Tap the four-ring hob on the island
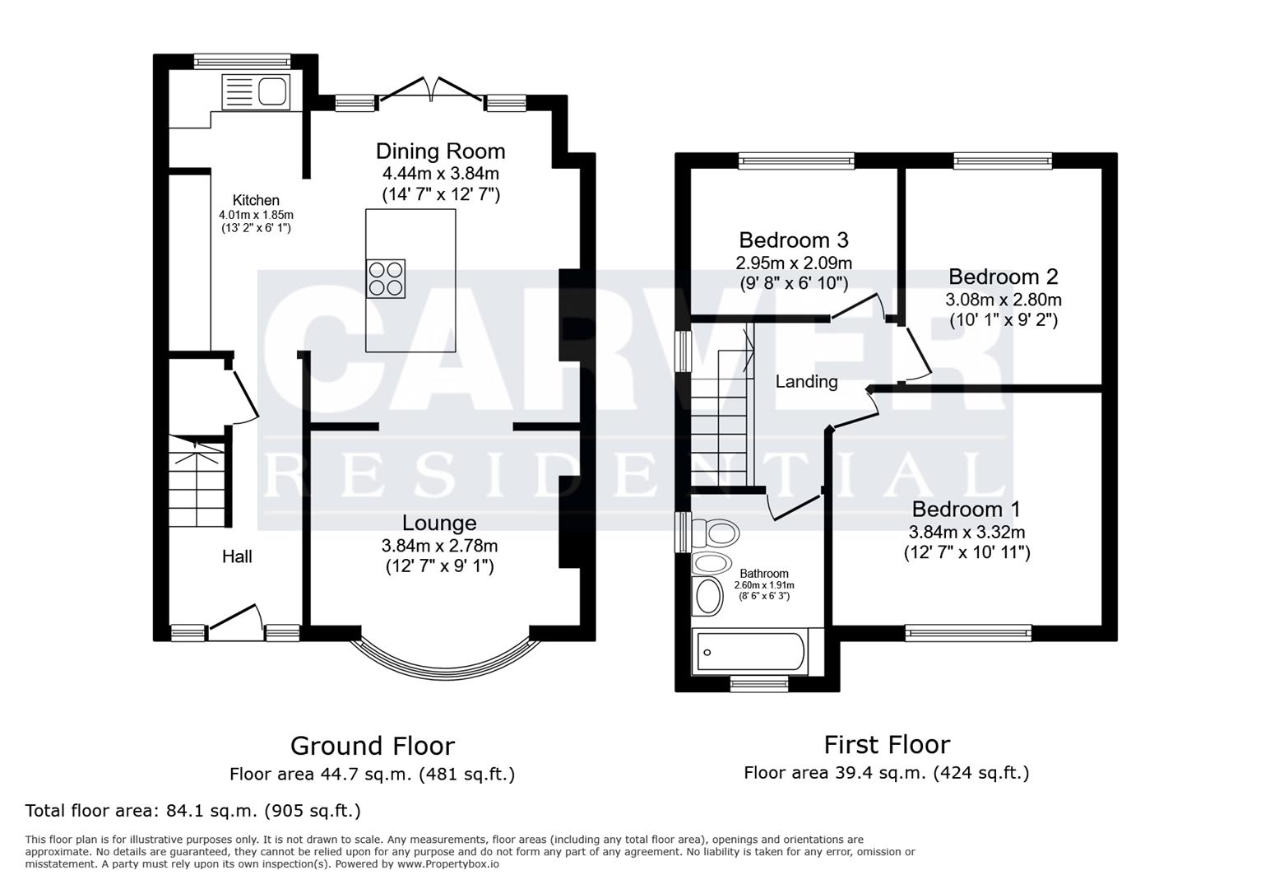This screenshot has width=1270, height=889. click(x=386, y=278)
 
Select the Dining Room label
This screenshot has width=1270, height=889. click(x=440, y=151)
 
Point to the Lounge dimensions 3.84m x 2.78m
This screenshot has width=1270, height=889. click(x=439, y=545)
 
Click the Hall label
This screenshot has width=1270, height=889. click(x=237, y=556)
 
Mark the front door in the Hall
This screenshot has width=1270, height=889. click(x=235, y=621)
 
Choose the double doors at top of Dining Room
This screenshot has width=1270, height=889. click(x=431, y=90)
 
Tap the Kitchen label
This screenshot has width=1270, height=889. click(x=256, y=200)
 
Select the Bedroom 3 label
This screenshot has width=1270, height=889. click(x=793, y=240)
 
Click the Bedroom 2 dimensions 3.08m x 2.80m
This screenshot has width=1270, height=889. click(x=1003, y=300)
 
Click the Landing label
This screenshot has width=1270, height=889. click(x=806, y=382)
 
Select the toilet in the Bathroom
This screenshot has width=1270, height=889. click(x=714, y=533)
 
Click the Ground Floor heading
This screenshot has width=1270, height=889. click(x=372, y=746)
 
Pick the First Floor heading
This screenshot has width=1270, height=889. click(x=887, y=745)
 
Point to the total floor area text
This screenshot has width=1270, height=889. click(x=193, y=811)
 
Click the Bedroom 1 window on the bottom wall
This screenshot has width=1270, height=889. click(x=968, y=632)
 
